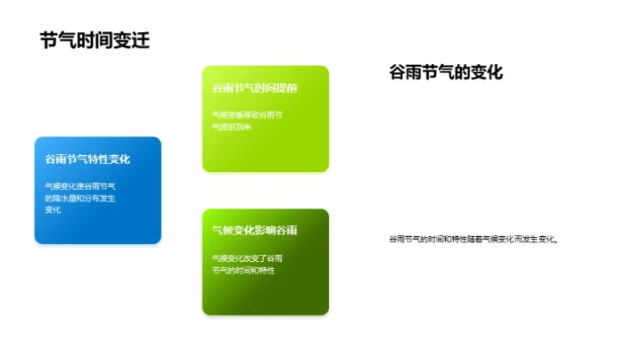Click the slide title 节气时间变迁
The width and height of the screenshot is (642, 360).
coord(94,40)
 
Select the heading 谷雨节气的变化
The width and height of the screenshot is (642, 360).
coord(446,72)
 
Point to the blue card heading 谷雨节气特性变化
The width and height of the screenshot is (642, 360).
coord(87,159)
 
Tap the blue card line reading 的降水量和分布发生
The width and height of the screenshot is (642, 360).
coord(80,198)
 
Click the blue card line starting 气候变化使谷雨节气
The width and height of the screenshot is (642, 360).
coord(80,186)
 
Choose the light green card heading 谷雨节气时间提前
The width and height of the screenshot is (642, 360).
coord(254,89)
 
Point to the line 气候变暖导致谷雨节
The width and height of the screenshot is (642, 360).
coord(247,115)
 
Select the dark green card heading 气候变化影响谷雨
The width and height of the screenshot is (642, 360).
coord(254,231)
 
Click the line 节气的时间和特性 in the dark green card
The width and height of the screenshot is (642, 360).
coord(243,269)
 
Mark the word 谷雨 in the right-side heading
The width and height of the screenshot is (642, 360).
coord(400,72)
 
